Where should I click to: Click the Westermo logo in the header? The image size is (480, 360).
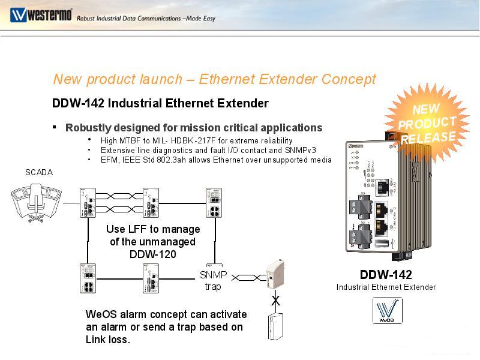coord(40,14)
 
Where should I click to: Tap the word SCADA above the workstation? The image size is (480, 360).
coord(39,172)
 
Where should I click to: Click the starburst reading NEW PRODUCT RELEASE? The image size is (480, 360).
coord(427,123)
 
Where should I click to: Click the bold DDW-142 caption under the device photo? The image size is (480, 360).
coord(386,275)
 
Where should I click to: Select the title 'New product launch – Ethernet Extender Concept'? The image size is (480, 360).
coord(214,79)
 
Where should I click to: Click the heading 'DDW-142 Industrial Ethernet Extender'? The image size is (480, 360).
coord(160,103)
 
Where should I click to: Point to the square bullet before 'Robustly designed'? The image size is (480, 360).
coord(55,127)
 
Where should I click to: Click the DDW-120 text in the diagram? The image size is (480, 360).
coord(153,254)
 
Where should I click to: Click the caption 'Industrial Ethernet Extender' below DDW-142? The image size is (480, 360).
coord(386,287)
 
